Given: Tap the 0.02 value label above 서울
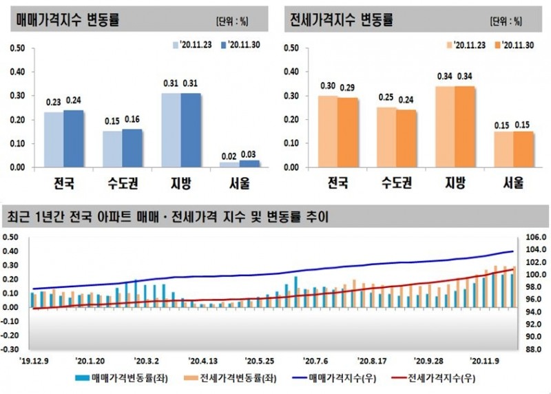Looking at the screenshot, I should click(x=229, y=156).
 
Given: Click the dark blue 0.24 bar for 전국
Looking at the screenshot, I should click(x=73, y=138).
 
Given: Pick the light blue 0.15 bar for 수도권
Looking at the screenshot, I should click(x=112, y=149).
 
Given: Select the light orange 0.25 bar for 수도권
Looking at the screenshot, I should click(x=386, y=137).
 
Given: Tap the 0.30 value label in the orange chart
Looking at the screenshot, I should click(x=327, y=86).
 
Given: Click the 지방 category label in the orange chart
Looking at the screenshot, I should click(x=455, y=184).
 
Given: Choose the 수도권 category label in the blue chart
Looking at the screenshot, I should click(x=122, y=184).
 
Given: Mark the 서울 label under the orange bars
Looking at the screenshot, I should click(x=514, y=184).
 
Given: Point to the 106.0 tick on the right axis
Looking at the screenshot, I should click(x=535, y=237).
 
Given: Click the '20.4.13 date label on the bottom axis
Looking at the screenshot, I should click(x=203, y=360).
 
